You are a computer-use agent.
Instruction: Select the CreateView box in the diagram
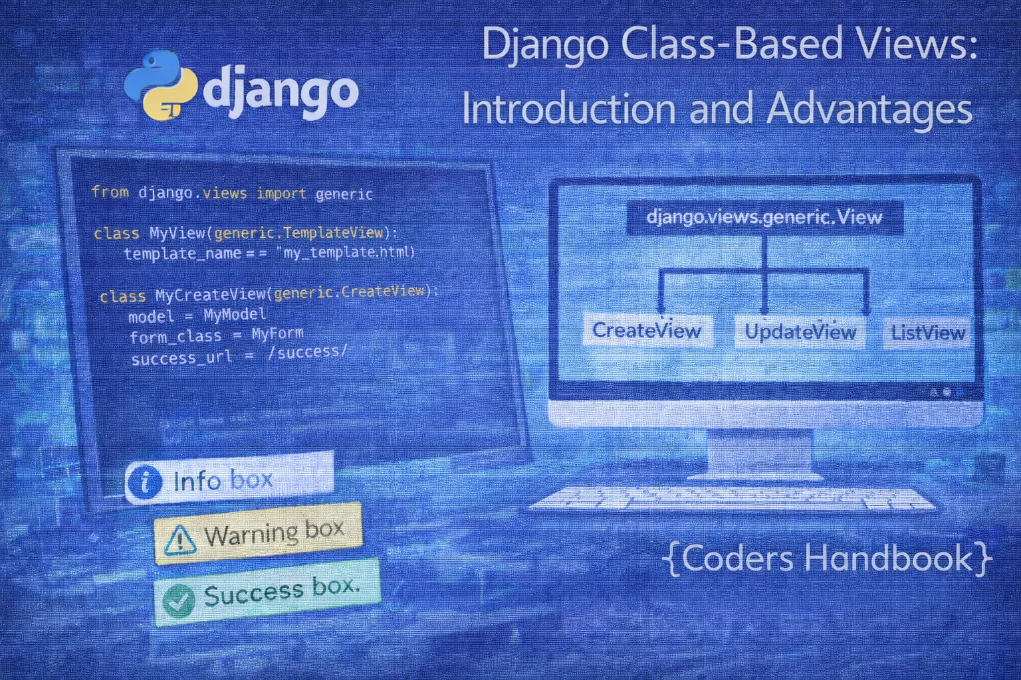pyautogui.click(x=647, y=331)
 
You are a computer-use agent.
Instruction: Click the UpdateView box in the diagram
pyautogui.click(x=800, y=332)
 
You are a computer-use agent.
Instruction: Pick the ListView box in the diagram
pyautogui.click(x=927, y=333)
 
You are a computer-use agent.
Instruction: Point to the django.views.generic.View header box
pyautogui.click(x=764, y=218)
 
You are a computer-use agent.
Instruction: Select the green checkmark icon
pyautogui.click(x=178, y=601)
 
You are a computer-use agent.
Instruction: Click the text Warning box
pyautogui.click(x=274, y=533)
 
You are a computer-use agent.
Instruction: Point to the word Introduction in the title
pyautogui.click(x=569, y=109)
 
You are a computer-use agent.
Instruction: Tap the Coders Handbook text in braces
pyautogui.click(x=827, y=558)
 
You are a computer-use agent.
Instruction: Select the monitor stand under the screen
pyautogui.click(x=760, y=455)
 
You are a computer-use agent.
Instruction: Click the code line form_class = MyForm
pyautogui.click(x=216, y=335)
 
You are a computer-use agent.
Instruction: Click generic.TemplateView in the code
pyautogui.click(x=299, y=232)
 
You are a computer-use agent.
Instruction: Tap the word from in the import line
pyautogui.click(x=110, y=193)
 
